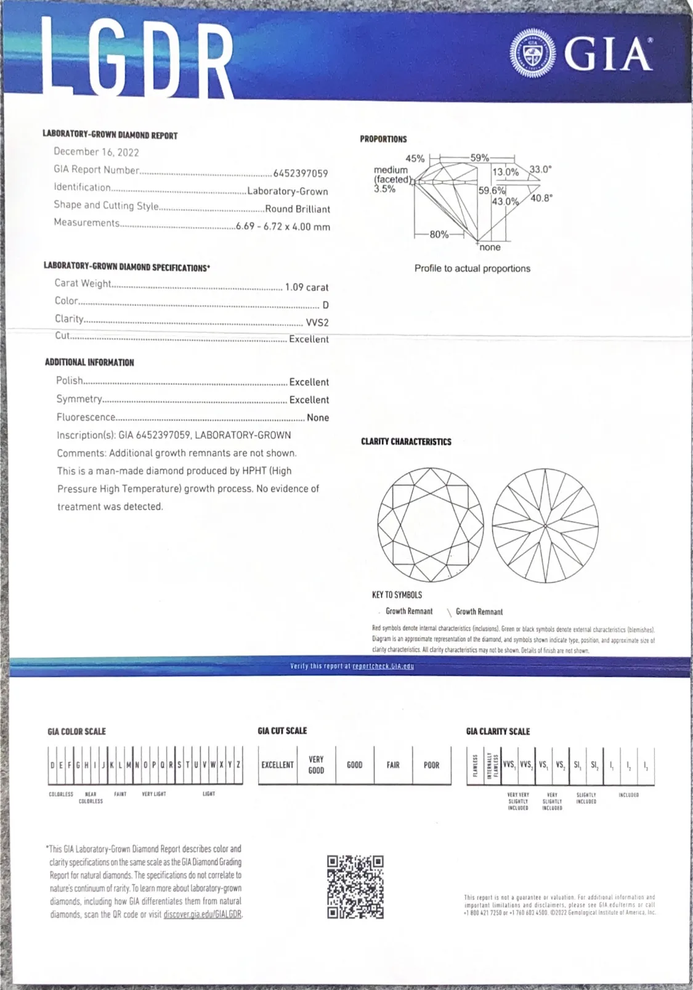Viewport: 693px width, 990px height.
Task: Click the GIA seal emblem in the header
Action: [533, 55]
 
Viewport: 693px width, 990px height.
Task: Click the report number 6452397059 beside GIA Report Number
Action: [301, 174]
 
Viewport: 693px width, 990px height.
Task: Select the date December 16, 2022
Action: [96, 152]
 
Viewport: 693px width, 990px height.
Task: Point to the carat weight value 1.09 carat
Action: [307, 287]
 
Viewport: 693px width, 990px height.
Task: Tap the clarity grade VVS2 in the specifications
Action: [317, 322]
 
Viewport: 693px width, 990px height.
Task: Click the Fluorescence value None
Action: [318, 417]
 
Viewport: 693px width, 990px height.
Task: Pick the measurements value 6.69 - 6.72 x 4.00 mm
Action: [283, 226]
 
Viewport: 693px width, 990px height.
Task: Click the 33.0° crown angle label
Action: [541, 169]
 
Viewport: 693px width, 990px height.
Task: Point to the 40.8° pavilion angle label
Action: [541, 198]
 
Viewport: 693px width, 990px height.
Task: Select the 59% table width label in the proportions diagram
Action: [479, 158]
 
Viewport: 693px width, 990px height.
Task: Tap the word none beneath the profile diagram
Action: [490, 247]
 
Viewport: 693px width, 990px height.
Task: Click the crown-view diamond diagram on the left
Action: [431, 525]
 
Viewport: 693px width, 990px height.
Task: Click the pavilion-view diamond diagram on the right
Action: [546, 525]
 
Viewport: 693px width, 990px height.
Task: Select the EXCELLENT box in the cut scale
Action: [277, 765]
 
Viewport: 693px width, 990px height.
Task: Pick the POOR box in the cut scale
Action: [431, 765]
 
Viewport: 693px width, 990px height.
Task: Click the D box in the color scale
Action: [52, 765]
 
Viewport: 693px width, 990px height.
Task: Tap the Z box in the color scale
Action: [238, 765]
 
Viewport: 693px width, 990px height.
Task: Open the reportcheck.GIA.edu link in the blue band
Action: [383, 666]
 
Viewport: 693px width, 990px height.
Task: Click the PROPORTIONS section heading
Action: [383, 139]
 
